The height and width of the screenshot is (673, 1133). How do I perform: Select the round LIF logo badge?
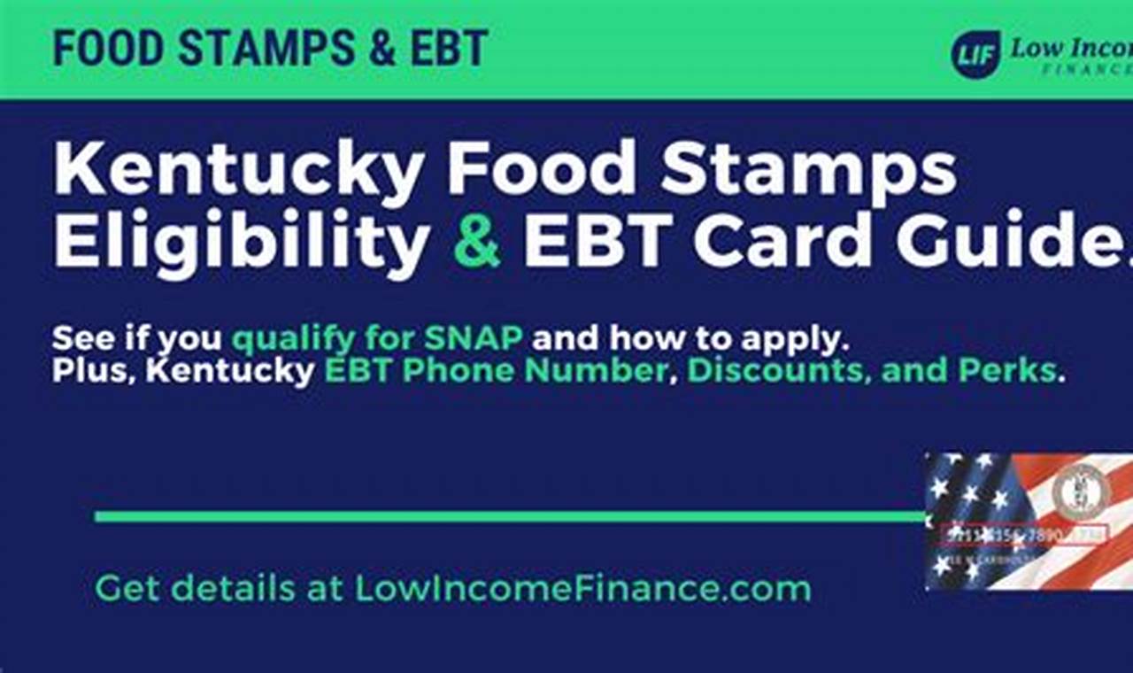975,54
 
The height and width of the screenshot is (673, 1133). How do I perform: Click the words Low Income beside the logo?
1071,48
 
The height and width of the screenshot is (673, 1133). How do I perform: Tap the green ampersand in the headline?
476,241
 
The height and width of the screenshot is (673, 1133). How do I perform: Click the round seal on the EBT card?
1080,492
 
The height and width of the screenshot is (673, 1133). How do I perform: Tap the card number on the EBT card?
1018,536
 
